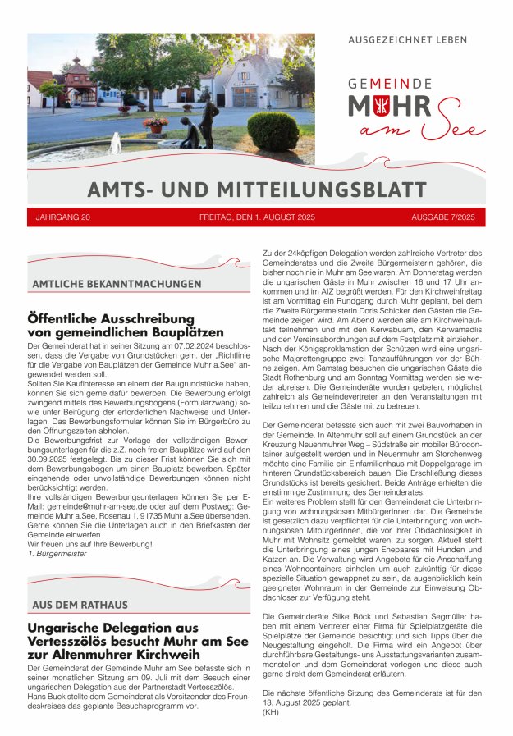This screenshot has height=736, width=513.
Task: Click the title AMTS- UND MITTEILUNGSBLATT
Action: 256,190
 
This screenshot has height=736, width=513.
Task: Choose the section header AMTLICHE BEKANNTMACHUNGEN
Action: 117,284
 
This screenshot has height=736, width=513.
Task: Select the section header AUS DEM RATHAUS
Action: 80,605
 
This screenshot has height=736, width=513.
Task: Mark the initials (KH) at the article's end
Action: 270,711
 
